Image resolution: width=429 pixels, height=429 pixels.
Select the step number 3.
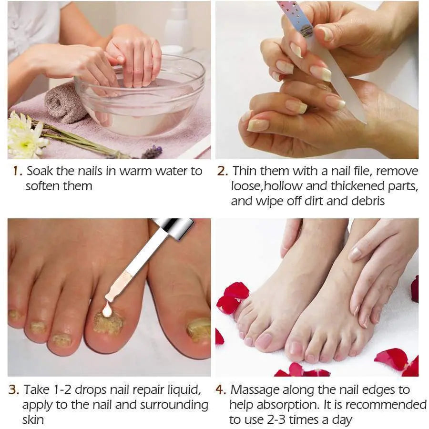coord(14,389)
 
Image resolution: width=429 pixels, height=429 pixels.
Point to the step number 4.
coord(221,389)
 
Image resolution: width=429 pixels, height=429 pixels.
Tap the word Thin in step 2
coord(245,171)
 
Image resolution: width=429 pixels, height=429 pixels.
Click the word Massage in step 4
coord(255,389)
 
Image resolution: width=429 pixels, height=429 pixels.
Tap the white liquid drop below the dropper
coord(107,310)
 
